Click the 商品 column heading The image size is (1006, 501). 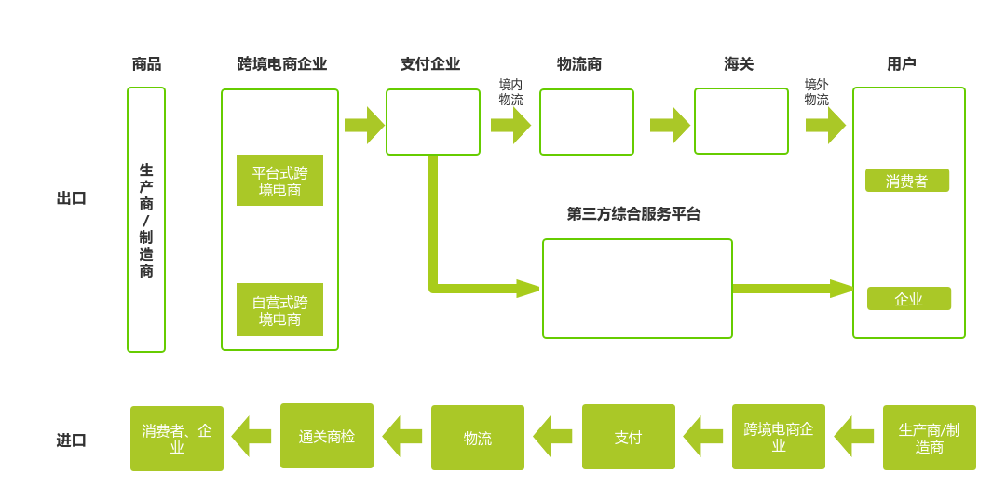[146, 64]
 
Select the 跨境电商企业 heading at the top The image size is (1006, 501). [281, 64]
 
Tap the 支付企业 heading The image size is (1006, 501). [430, 64]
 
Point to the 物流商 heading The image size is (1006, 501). [579, 64]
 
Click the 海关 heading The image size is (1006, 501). [739, 64]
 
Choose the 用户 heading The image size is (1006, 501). [902, 64]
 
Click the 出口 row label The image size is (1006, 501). [72, 198]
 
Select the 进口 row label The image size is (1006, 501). [72, 440]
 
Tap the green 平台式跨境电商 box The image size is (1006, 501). [279, 181]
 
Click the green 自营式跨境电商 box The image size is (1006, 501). [279, 310]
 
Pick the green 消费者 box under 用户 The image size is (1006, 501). [907, 181]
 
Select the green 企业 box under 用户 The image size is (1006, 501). [909, 299]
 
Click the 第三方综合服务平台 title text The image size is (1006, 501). [633, 214]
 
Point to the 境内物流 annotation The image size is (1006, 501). [510, 92]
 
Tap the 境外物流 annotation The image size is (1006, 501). [816, 92]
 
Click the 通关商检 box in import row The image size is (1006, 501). [327, 436]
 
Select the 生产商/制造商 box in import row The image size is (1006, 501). [930, 438]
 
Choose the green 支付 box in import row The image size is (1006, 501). [629, 437]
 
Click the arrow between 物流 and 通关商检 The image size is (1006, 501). [402, 436]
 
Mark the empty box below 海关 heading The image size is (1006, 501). [741, 121]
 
